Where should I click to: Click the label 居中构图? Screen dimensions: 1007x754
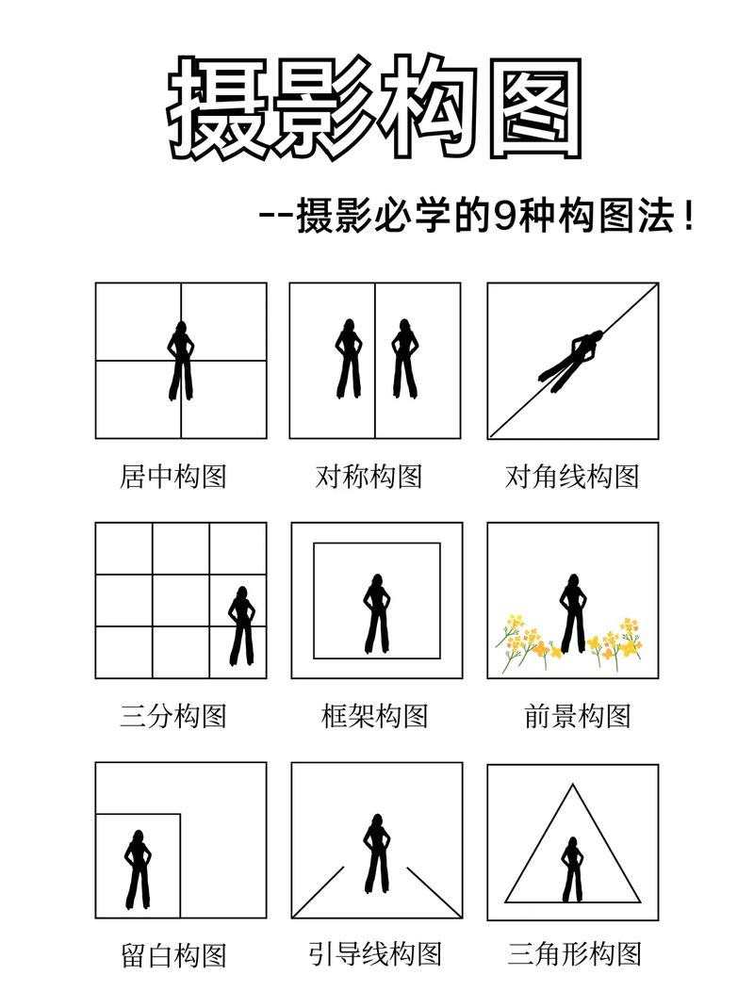173,476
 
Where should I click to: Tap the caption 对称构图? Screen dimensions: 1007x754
369,476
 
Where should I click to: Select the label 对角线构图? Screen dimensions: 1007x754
572,476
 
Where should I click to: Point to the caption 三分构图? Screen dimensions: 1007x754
173,716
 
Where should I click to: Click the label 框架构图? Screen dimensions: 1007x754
374,716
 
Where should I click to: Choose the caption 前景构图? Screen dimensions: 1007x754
577,716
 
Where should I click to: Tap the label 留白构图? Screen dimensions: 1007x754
173,955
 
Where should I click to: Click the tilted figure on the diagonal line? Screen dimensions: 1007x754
572,356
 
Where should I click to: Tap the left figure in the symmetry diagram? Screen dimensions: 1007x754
349,360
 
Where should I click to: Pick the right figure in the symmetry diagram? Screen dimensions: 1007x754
403,360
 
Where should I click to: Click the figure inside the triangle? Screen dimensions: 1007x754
571,869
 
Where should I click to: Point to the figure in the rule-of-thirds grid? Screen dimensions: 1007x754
241,625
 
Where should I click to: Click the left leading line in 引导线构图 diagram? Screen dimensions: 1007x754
320,889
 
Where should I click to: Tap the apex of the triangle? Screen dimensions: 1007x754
572,785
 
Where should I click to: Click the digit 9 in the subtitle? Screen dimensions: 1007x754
504,218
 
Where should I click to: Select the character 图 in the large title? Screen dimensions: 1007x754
533,106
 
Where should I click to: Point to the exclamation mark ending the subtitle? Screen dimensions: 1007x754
693,218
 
